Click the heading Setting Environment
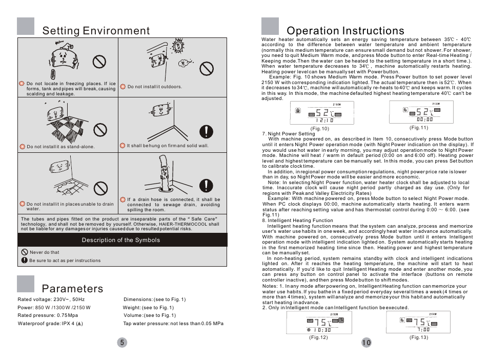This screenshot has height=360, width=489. [x=96, y=30]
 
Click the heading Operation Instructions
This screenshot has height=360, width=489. [x=345, y=31]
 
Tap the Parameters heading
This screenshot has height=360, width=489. [x=72, y=289]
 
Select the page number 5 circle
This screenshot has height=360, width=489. [x=121, y=343]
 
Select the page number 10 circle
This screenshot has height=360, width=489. [x=366, y=343]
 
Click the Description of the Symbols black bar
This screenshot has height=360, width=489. [x=122, y=240]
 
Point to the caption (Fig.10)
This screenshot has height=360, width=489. [x=319, y=128]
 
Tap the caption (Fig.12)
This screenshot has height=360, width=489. [x=318, y=337]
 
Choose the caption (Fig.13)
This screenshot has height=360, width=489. [x=418, y=337]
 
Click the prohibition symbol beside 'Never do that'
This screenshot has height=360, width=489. [x=24, y=252]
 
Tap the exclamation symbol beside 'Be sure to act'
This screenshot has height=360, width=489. [x=24, y=261]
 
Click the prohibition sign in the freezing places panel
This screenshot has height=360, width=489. [x=99, y=62]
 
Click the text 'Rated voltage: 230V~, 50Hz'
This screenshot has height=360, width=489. [x=51, y=299]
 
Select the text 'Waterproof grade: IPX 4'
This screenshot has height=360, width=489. [x=50, y=324]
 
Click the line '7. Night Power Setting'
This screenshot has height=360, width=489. [x=289, y=134]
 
